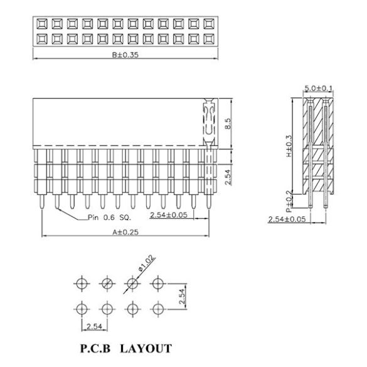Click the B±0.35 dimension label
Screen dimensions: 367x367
pos(125,55)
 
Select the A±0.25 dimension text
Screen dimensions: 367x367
pos(125,232)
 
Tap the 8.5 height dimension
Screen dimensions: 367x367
pos(228,124)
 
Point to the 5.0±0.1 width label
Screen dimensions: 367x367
pos(318,88)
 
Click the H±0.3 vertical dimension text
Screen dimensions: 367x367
pos(289,146)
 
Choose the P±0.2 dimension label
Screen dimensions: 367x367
pos(289,201)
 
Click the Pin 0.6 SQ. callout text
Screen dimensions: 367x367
pos(109,218)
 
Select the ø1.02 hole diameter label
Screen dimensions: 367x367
pos(147,263)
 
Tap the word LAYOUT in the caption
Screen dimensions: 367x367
pos(146,348)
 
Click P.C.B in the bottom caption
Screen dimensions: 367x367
pos(95,348)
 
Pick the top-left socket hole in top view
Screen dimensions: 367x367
pos(42,24)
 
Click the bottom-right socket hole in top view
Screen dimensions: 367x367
pos(209,39)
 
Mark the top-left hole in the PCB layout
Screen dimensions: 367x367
pos(82,284)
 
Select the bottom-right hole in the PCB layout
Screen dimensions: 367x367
pos(158,309)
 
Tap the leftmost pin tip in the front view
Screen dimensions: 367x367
pos(42,208)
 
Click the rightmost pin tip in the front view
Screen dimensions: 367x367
pos(208,208)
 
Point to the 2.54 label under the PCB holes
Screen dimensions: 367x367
pos(94,326)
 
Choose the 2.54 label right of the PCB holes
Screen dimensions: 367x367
pos(182,296)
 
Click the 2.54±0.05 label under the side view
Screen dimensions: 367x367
pos(287,220)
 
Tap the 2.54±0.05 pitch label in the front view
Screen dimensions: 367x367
pos(169,215)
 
